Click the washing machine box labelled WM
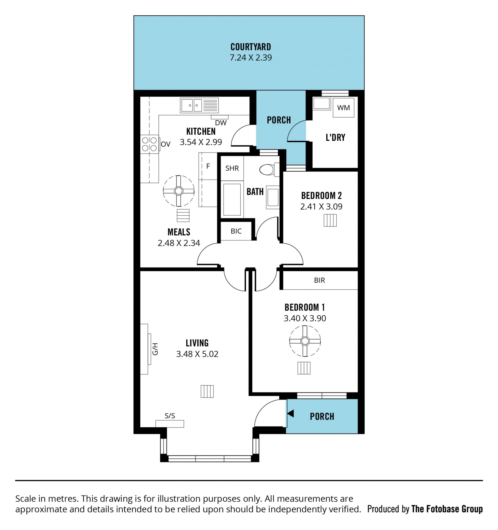pos(343,107)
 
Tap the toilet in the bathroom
pos(269,169)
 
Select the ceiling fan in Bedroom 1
pos(305,341)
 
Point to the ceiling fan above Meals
pos(179,191)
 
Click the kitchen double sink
pos(199,105)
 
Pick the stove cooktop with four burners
pos(149,144)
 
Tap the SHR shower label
pos(232,168)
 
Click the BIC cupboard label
pos(236,231)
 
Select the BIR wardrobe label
pos(319,280)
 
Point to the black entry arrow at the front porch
pos(290,414)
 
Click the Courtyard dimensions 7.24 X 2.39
pos(251,58)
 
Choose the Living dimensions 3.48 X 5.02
pos(197,354)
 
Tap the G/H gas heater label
pos(155,349)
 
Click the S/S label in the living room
pos(170,416)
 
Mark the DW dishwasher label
pos(221,123)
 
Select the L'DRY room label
pos(335,137)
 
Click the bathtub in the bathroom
pos(232,199)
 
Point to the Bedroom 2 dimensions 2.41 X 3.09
pos(321,207)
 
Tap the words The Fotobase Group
pos(447,509)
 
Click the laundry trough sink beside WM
pos(322,104)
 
